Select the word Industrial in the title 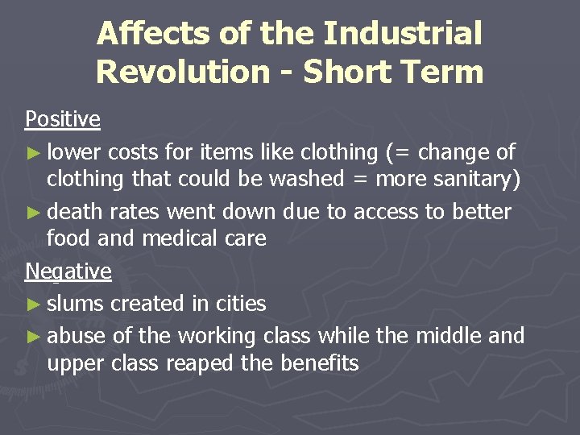point(403,34)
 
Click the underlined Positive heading point(63,119)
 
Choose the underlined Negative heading point(68,271)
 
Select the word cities point(238,304)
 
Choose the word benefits point(319,363)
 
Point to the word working point(216,336)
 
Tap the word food point(68,239)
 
